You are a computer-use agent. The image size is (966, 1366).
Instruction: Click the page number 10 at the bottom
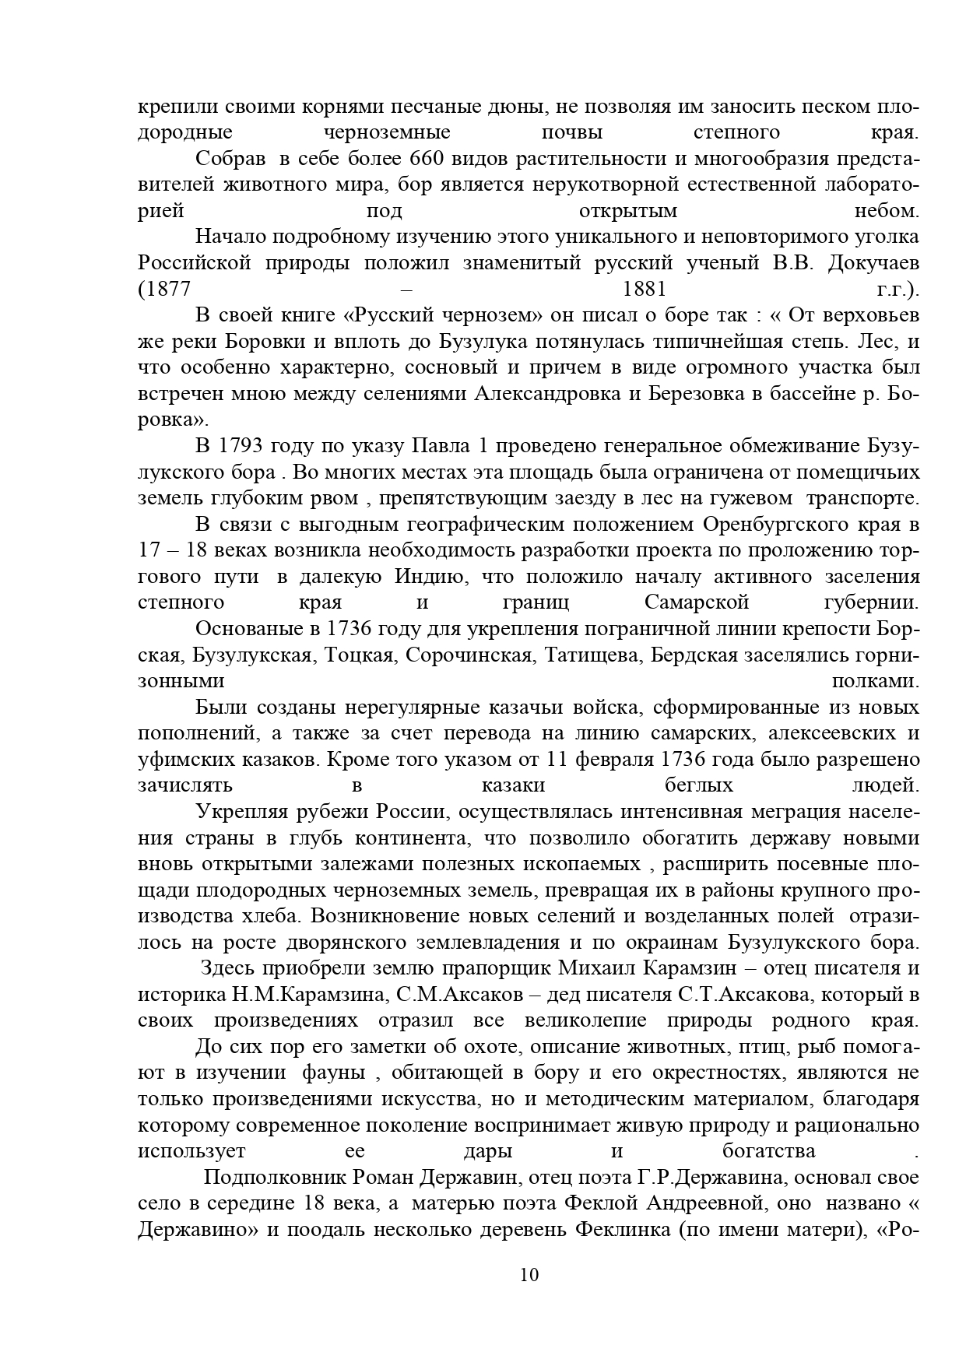coord(529,1274)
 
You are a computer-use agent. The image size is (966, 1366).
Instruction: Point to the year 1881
coord(645,290)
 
